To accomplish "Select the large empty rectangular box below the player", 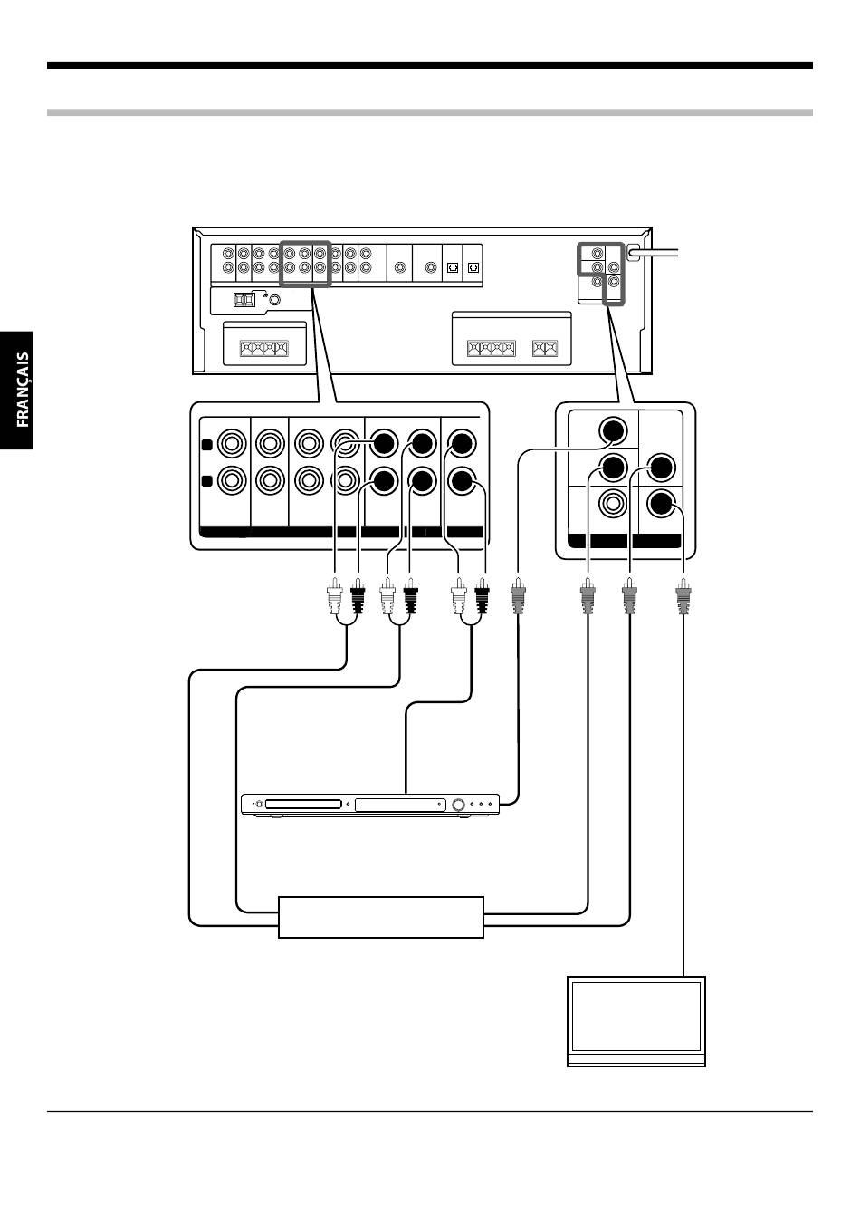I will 381,918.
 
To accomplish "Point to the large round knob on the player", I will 460,805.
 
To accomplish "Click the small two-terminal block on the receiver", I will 544,348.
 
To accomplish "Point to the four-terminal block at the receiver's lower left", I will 264,348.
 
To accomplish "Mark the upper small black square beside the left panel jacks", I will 206,445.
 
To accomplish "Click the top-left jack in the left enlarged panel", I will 232,444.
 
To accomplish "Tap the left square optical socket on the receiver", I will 453,267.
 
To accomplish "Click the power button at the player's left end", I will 259,804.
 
